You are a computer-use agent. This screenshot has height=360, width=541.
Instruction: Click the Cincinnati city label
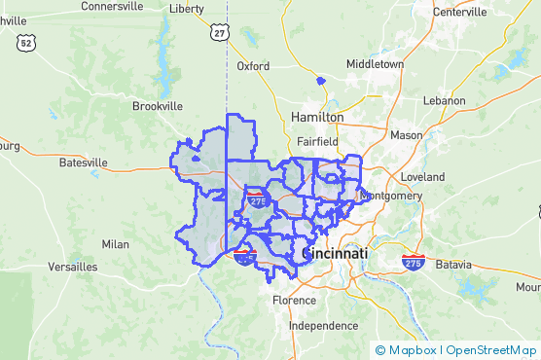336,253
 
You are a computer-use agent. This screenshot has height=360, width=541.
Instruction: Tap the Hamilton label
317,117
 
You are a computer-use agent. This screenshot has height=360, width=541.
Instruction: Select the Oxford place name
253,66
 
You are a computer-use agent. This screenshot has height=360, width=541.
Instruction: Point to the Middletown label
375,63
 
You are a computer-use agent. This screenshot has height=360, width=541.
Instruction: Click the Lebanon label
447,100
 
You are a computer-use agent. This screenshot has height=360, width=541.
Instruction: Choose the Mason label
406,134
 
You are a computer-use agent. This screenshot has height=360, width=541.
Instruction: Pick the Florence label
294,300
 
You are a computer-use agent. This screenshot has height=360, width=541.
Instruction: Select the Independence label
324,326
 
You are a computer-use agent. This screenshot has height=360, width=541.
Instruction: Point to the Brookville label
158,105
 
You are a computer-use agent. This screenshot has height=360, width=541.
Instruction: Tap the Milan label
115,244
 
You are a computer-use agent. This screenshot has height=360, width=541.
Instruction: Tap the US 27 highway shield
221,33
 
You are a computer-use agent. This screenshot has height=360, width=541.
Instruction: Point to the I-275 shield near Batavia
413,262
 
